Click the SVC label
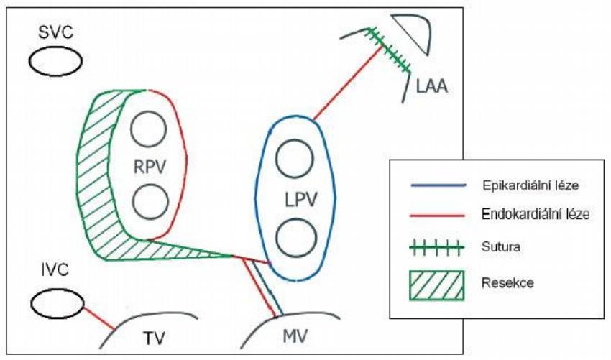55,32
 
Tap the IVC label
54,269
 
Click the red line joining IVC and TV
99,318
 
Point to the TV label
154,338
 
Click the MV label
295,336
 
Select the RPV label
150,167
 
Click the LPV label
301,200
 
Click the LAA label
432,86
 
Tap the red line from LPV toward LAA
348,83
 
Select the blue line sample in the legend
438,185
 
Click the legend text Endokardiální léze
536,214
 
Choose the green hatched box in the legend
437,285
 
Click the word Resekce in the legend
507,282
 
